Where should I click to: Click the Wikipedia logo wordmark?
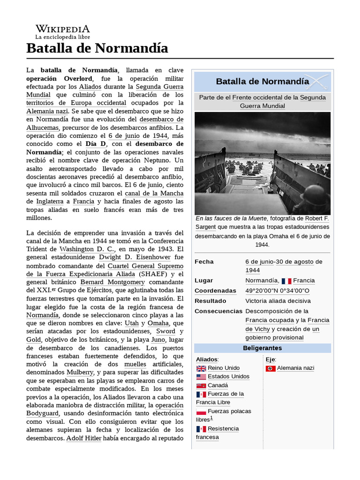tap(62, 29)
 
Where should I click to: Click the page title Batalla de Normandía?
tap(97, 48)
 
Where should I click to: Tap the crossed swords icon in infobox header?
tap(317, 82)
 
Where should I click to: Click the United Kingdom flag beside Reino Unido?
tap(201, 368)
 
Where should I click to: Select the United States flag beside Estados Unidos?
tap(201, 377)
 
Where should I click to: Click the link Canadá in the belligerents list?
tap(217, 385)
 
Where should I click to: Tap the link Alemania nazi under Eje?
tap(295, 368)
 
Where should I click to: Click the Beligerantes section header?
tap(262, 348)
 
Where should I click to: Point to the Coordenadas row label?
tap(215, 291)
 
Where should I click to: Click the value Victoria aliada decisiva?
tap(277, 301)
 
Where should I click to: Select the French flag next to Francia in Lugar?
tap(286, 281)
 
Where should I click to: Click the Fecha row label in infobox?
tap(204, 262)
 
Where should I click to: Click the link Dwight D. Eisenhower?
tap(135, 257)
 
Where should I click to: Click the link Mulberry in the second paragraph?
tap(80, 373)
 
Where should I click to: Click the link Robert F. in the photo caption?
tap(317, 218)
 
